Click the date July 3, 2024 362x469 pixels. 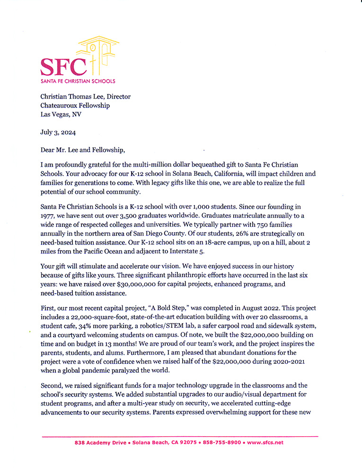point(58,133)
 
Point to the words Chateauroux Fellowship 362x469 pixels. point(75,106)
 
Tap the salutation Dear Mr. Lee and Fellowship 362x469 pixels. point(83,151)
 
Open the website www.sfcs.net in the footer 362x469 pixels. point(265,442)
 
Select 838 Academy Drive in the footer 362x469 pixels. point(100,442)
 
